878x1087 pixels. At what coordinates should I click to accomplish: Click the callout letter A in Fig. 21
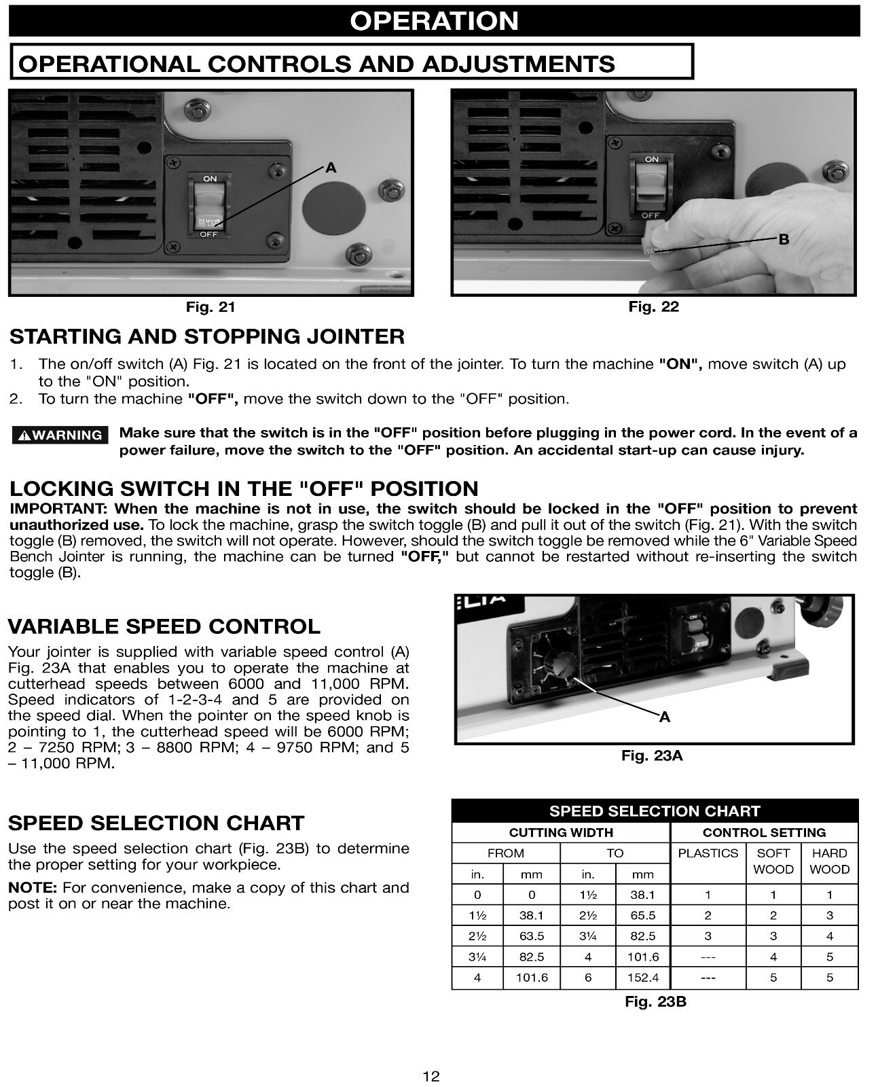pos(331,168)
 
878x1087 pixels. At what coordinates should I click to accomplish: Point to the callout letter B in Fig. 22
pos(784,240)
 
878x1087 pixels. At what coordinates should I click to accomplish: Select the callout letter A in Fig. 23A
pos(665,717)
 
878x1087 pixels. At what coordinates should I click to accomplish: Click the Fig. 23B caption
pos(655,1001)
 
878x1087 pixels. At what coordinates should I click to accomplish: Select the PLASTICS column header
pos(708,853)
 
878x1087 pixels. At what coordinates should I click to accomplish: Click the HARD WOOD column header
pos(829,861)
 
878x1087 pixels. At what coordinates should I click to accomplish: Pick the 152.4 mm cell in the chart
pos(642,978)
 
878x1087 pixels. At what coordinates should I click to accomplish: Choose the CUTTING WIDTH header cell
pos(561,833)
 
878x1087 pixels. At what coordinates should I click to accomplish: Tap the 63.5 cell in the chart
pos(531,936)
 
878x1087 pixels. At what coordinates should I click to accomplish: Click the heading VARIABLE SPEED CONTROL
pos(164,626)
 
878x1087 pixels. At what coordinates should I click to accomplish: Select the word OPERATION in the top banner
pos(434,21)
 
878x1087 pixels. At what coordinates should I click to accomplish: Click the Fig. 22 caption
pos(653,307)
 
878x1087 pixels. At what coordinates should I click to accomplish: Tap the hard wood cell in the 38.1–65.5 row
pos(829,916)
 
